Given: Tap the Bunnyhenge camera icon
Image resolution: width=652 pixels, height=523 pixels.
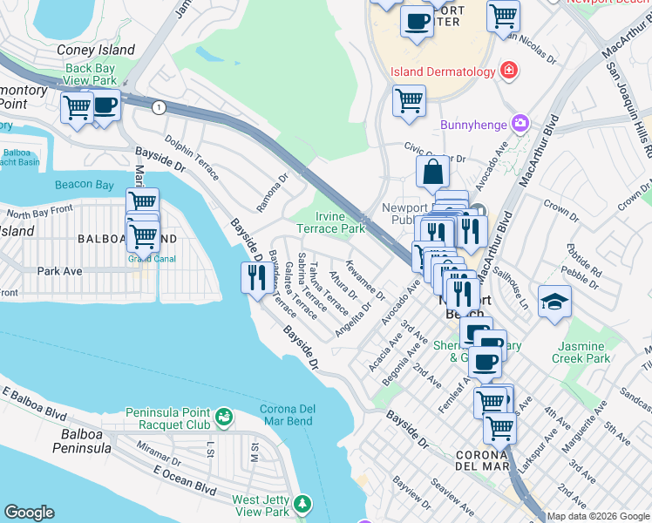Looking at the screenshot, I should coord(521,125).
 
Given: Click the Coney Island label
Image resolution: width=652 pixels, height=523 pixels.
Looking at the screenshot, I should coord(96,51).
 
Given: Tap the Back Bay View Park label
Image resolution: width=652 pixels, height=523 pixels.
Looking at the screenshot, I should coord(91,75).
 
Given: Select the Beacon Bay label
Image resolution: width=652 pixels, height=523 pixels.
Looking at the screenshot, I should coord(84,185).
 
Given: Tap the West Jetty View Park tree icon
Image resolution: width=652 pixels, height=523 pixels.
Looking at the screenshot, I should coord(302,504).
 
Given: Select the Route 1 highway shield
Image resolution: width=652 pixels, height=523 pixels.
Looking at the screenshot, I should coord(158,106).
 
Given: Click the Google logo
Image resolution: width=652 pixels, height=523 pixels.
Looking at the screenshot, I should coord(29,513).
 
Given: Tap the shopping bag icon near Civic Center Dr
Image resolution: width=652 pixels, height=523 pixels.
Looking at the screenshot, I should coord(432,173).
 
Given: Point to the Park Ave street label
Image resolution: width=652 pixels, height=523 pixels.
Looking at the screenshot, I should coord(59,271).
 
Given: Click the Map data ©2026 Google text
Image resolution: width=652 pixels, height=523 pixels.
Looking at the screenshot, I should coord(598,516).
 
